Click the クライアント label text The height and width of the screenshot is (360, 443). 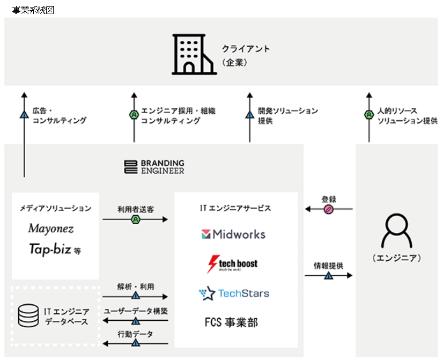(246, 49)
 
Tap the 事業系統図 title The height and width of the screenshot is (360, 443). (33, 10)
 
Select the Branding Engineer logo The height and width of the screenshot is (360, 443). (154, 167)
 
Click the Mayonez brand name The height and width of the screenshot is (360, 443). (51, 229)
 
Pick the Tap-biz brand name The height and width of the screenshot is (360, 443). (51, 249)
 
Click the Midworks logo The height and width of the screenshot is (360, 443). (233, 234)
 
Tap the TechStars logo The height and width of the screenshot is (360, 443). (234, 293)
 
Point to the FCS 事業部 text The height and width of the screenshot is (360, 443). (231, 322)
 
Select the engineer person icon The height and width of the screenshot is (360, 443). (396, 232)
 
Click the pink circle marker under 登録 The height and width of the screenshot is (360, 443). (328, 209)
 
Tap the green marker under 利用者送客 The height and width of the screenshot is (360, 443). (136, 219)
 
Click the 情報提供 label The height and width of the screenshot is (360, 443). (329, 266)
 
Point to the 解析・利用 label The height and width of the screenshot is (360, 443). (136, 286)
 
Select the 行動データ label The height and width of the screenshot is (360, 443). (136, 334)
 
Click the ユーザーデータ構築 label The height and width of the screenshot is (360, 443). (136, 311)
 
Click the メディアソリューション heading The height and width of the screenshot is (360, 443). (55, 208)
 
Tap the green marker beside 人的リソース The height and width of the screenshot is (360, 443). (369, 115)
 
